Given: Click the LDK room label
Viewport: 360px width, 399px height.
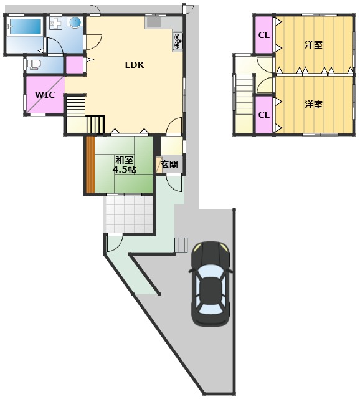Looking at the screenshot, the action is point(135,65).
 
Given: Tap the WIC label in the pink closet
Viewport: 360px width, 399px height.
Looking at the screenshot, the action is point(45,95).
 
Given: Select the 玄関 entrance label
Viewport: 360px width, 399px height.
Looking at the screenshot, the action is point(169,165).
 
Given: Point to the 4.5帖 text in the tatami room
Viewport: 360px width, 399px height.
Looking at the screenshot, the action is point(124,170).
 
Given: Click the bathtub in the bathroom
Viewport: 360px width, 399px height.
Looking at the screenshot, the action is point(26,26).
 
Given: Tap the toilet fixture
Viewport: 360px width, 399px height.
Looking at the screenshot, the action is point(32,64).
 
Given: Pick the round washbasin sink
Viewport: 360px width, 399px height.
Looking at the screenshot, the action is point(75,22).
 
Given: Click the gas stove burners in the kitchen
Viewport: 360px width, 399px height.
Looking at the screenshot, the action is point(178,41).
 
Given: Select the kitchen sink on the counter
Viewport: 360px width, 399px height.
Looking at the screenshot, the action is point(154,23).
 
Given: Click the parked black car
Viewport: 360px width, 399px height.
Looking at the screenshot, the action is point(211,284).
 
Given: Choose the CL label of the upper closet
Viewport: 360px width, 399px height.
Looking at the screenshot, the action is point(264,35).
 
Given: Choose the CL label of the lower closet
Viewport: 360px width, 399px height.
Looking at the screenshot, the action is point(264,115).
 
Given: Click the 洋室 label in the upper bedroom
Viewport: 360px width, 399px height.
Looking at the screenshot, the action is point(313,45).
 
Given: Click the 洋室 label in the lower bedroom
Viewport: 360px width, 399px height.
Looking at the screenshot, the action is point(313,104).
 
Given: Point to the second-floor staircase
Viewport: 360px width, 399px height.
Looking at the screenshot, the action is point(244,94).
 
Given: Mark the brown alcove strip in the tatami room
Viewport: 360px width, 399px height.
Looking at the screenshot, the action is point(90,165).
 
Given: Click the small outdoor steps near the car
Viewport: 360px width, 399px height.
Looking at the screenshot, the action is point(181,245).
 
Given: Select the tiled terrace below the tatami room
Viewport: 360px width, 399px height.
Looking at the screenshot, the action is point(128,214).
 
